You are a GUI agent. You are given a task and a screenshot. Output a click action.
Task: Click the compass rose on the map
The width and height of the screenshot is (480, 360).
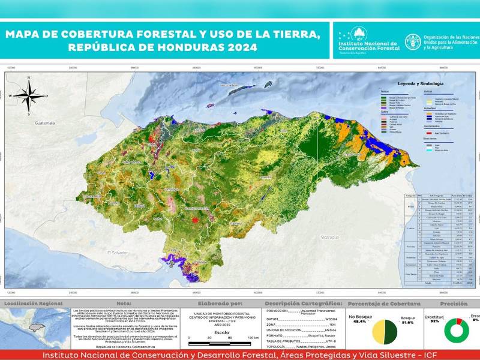tap(27, 95)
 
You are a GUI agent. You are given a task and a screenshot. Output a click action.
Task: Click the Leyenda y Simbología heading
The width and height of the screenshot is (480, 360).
tap(419, 83)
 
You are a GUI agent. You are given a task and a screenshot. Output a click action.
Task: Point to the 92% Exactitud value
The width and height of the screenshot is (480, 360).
tap(434, 322)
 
